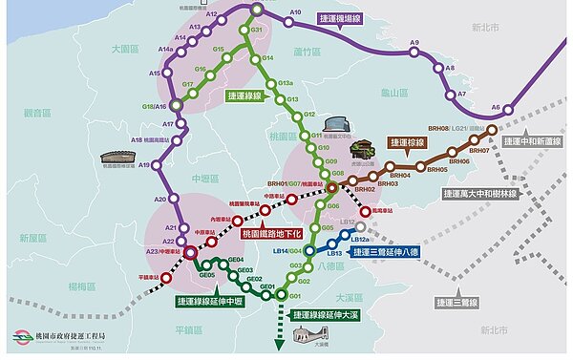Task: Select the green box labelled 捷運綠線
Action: (244, 96)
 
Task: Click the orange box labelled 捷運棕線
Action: (407, 142)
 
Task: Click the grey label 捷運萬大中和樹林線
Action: (493, 193)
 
